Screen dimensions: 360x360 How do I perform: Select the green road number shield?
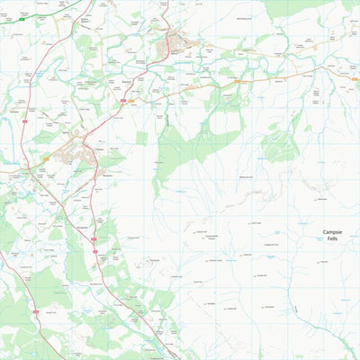pos(47,19)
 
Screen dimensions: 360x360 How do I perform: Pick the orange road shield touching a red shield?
pos(131,101)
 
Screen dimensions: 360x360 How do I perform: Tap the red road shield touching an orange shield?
pos(124,101)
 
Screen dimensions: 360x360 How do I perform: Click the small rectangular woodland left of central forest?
pos(142,138)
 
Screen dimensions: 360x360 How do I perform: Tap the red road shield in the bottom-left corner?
pos(35,311)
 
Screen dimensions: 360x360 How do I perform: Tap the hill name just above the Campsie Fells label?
pos(321,199)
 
